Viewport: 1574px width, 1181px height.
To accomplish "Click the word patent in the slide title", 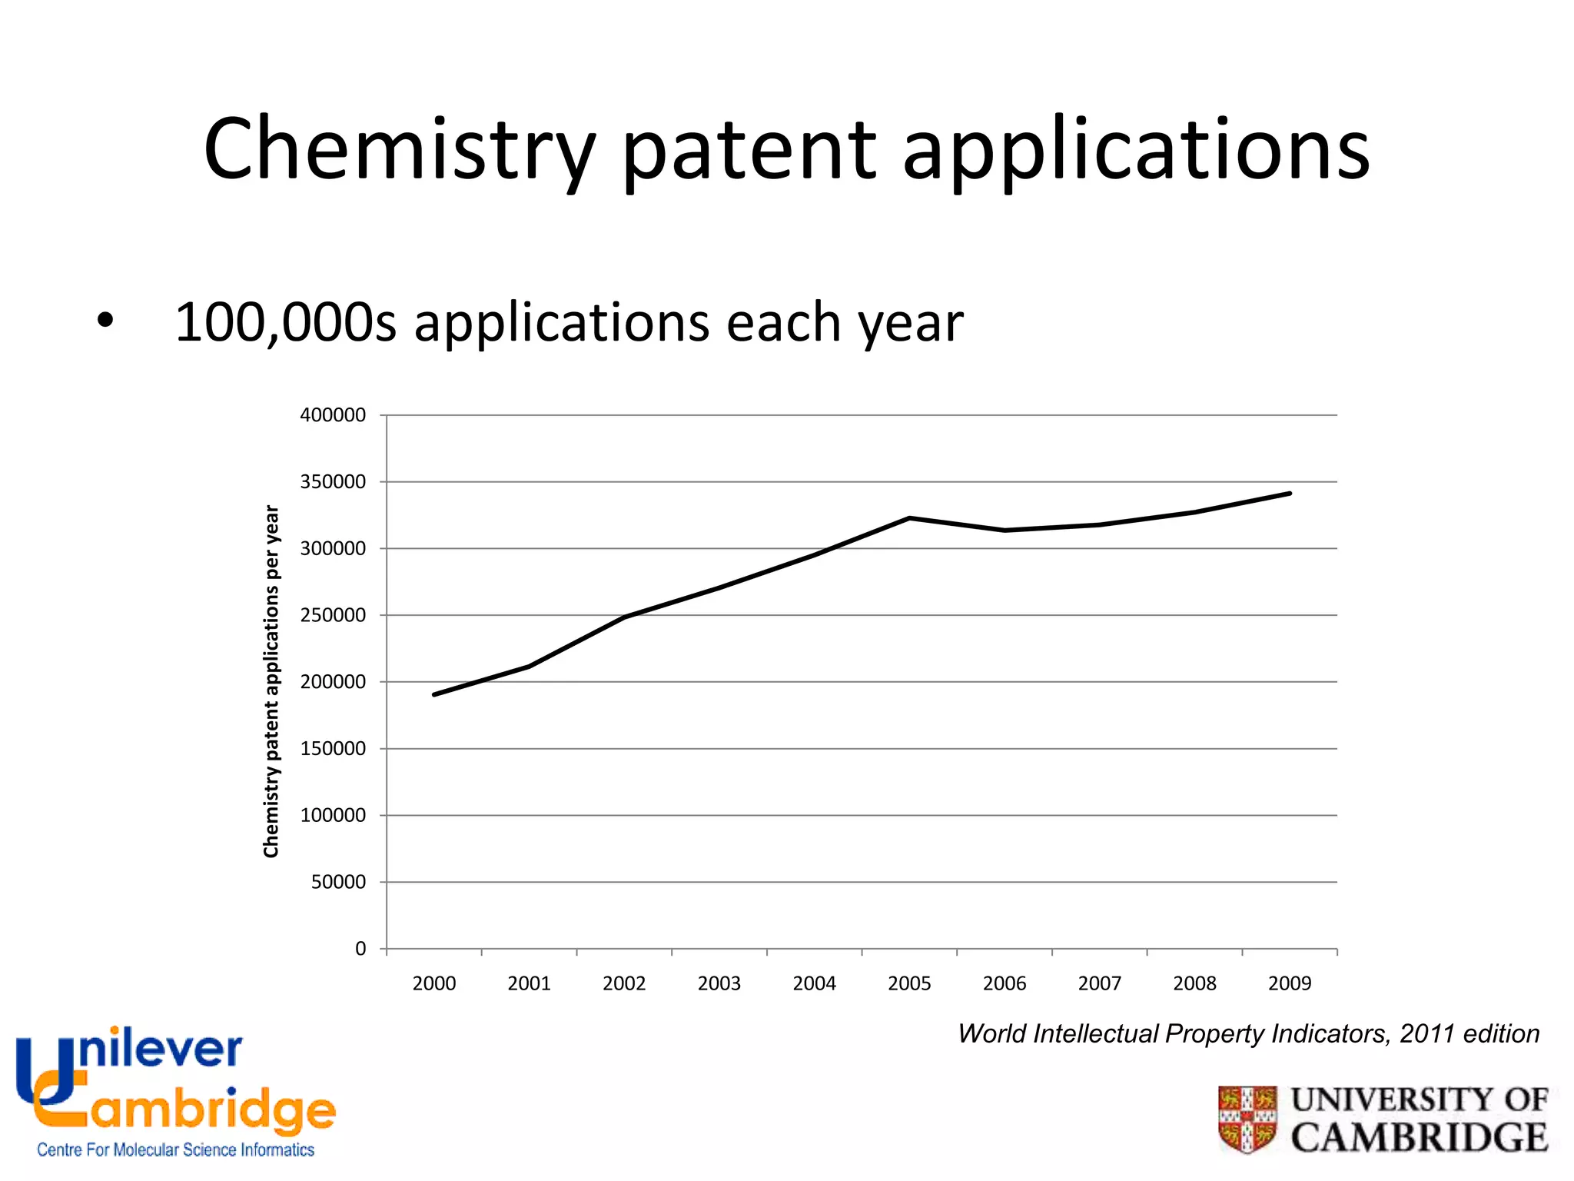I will click(x=749, y=150).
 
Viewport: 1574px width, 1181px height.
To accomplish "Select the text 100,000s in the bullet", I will click(x=285, y=323).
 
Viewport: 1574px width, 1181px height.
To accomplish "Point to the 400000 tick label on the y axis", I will click(x=333, y=415).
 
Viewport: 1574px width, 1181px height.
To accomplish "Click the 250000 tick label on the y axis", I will click(x=333, y=615).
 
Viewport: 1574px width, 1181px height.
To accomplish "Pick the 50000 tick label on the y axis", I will click(x=338, y=882).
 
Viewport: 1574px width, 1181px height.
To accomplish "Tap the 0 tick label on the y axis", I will click(x=360, y=949).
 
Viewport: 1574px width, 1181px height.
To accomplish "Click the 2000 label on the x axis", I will click(x=434, y=983).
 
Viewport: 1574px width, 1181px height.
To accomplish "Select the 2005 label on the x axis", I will click(x=909, y=983).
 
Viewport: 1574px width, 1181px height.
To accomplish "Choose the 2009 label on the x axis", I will click(x=1290, y=983).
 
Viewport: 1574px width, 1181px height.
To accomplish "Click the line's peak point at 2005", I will click(x=909, y=518).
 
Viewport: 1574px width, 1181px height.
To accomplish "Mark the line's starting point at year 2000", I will click(x=435, y=694).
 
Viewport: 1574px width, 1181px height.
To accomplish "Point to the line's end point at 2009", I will click(x=1289, y=494).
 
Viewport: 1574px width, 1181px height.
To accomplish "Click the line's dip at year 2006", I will click(x=1005, y=531).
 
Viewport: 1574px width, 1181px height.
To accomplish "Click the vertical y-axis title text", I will click(x=271, y=681).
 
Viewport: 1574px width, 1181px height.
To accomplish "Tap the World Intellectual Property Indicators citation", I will click(x=1248, y=1034).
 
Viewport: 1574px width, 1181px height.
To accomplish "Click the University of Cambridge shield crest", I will click(x=1247, y=1119).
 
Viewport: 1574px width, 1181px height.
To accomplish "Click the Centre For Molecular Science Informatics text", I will click(x=175, y=1150).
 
